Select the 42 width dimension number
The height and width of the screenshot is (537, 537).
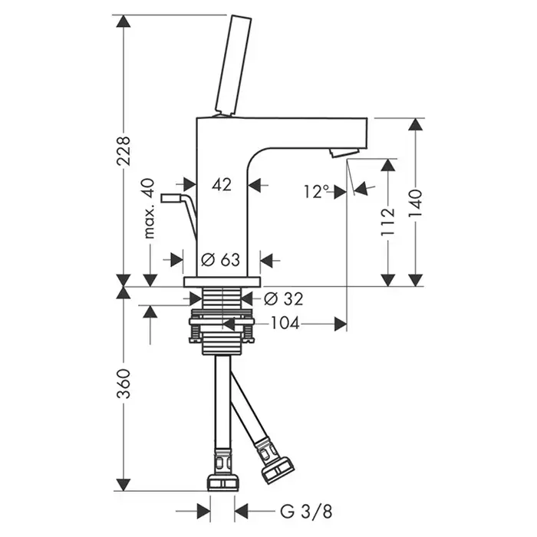pos(222,184)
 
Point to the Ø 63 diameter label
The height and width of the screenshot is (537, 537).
pos(221,259)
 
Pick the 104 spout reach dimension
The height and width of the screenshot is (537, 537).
pos(285,325)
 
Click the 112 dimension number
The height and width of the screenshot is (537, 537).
pos(387,222)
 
